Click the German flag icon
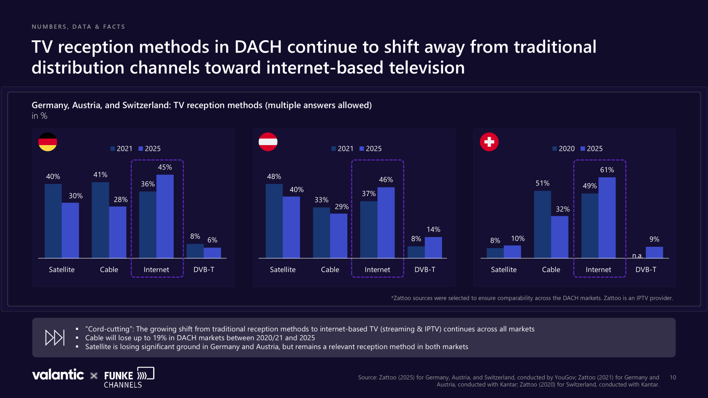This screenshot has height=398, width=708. click(x=48, y=142)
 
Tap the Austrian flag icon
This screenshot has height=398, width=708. click(x=268, y=142)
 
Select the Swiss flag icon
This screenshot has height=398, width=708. click(x=489, y=142)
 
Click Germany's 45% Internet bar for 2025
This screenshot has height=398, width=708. click(x=165, y=216)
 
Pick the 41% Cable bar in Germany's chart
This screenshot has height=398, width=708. click(x=100, y=220)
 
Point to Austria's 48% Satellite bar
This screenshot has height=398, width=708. click(x=274, y=221)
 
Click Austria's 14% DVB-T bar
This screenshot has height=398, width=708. click(x=433, y=248)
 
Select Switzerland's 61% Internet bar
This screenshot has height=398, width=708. click(x=607, y=218)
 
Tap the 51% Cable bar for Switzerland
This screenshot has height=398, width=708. click(x=543, y=224)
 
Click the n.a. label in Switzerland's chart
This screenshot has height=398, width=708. click(x=638, y=256)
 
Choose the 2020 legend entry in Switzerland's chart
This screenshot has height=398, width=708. click(x=564, y=149)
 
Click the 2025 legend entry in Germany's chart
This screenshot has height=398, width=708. click(x=150, y=149)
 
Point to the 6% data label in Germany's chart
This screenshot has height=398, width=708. click(x=212, y=240)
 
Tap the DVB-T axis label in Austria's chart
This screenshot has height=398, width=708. click(x=425, y=269)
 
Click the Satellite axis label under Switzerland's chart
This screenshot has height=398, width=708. click(x=504, y=269)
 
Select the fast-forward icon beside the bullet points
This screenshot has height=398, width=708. click(x=55, y=338)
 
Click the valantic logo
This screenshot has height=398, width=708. click(x=58, y=375)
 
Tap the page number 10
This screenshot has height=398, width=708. click(x=673, y=377)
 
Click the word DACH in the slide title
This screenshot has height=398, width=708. click(x=258, y=47)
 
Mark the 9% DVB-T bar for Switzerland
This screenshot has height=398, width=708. click(x=654, y=253)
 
